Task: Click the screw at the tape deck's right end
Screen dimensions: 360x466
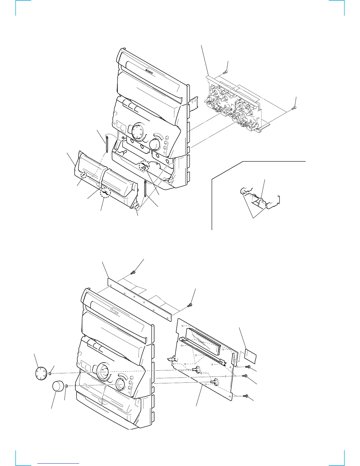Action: point(294,108)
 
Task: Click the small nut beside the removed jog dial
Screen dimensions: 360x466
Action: point(50,374)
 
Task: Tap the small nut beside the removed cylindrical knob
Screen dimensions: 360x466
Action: point(67,386)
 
